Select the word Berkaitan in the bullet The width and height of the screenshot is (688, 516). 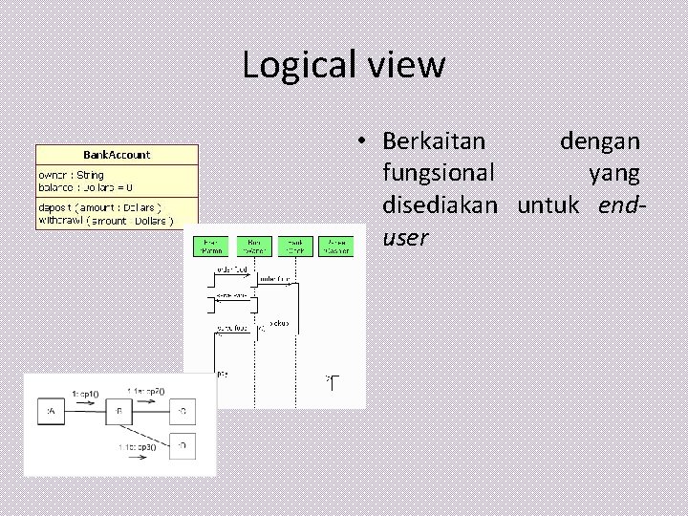(x=434, y=141)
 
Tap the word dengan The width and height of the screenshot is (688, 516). (x=600, y=141)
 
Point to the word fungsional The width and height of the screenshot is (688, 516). (x=439, y=174)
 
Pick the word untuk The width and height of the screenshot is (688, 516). (x=553, y=205)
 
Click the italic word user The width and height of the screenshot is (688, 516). (x=405, y=238)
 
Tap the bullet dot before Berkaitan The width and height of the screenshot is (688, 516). (x=364, y=142)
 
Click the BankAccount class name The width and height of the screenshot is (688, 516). (x=117, y=154)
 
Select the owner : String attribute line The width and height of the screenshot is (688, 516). (x=72, y=175)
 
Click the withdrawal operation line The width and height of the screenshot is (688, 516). (x=106, y=221)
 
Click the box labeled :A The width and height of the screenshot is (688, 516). (x=49, y=413)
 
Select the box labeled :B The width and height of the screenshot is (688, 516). (x=119, y=413)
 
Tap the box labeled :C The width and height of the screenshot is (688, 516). (x=182, y=412)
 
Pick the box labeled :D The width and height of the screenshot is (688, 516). (x=182, y=444)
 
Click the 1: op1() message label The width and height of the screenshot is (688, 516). (x=85, y=392)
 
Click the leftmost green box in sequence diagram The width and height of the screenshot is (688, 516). (x=211, y=246)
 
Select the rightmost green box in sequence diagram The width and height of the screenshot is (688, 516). (x=335, y=246)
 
